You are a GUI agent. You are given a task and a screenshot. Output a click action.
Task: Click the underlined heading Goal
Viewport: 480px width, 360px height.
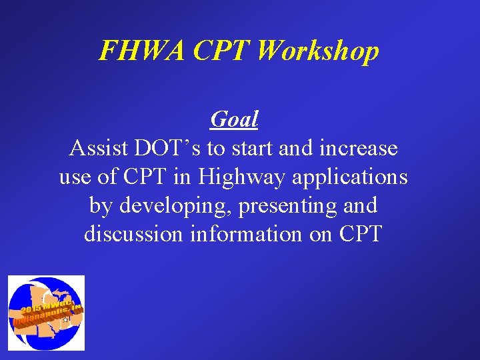[x=234, y=119]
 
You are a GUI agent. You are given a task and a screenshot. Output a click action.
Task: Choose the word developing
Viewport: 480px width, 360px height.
[x=176, y=207]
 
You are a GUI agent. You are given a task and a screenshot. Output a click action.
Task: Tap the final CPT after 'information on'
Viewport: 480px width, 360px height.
[x=360, y=235]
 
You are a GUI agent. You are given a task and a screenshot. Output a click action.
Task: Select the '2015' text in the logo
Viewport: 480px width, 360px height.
[x=29, y=311]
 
